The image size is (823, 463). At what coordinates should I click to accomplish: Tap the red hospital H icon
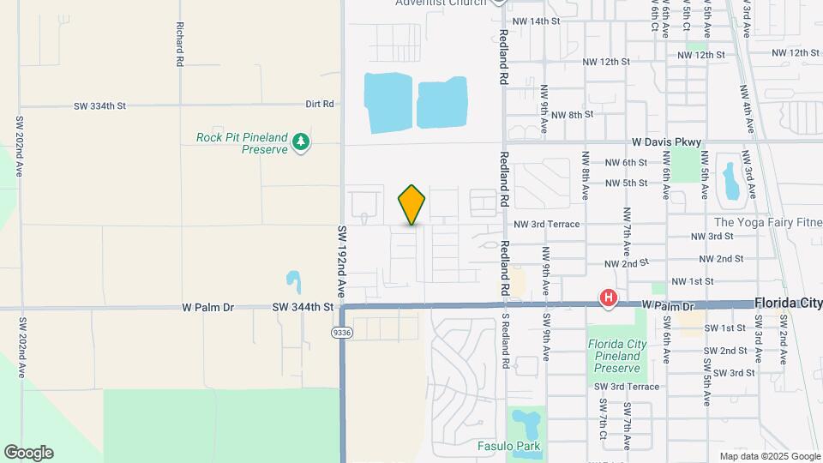(x=608, y=298)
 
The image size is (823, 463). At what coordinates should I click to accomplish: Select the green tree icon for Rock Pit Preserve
(x=300, y=141)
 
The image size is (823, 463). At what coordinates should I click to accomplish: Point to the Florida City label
(x=788, y=304)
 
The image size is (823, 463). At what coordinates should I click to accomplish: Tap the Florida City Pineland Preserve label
(x=616, y=356)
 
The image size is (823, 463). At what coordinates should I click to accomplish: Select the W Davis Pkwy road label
(x=666, y=141)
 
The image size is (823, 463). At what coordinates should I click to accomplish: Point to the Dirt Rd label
(x=319, y=104)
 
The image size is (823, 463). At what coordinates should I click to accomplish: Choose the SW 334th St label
(x=99, y=105)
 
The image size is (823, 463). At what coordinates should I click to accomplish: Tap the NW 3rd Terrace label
(x=546, y=224)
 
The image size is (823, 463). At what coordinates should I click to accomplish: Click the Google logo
(x=28, y=453)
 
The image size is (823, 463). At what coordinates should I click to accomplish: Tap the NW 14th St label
(x=535, y=21)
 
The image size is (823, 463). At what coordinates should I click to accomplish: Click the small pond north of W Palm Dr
(x=293, y=280)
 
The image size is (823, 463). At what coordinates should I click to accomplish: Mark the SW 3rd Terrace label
(x=627, y=387)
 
